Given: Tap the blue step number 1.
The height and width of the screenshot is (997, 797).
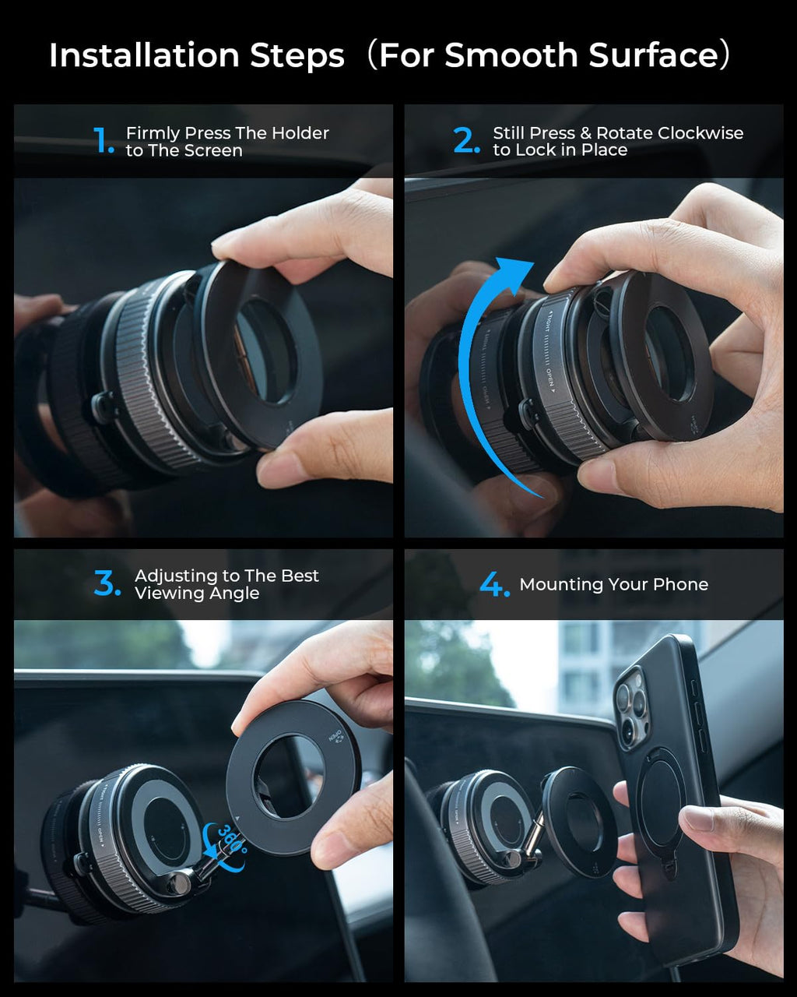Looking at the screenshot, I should click(104, 141).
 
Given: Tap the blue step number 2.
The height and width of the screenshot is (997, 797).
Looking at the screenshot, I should click(466, 141).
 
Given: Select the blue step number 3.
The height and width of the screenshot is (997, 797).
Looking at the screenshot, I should click(107, 583).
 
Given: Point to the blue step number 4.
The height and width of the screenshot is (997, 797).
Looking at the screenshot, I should click(493, 584).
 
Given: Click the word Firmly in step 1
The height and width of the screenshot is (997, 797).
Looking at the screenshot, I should click(154, 133).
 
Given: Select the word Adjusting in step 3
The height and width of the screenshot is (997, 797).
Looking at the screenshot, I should click(176, 576).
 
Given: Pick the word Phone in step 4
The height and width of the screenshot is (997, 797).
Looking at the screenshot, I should click(682, 584).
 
